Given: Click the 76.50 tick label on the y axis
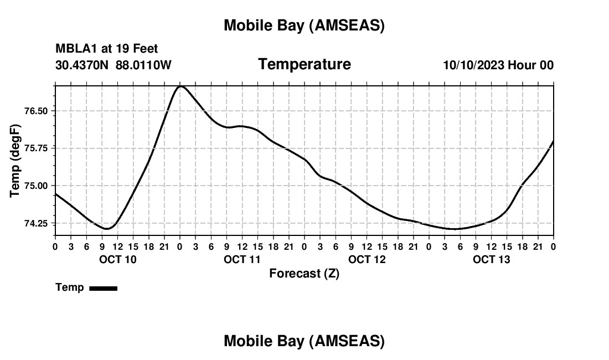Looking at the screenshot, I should click(37, 111).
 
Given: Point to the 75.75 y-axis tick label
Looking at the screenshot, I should click(37, 148).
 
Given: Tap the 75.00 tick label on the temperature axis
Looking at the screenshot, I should click(37, 186).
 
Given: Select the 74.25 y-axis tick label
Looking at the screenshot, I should click(37, 224).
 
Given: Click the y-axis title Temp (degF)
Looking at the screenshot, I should click(16, 161).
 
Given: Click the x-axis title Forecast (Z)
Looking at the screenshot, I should click(304, 273).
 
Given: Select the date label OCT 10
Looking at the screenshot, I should click(117, 259).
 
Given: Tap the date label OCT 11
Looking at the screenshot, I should click(242, 259).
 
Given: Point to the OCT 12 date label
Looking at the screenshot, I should click(367, 259).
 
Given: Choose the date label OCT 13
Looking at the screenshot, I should click(491, 259).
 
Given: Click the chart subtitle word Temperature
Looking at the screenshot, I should click(304, 64).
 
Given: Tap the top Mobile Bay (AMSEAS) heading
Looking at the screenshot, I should click(304, 25).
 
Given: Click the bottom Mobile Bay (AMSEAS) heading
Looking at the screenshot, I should click(304, 341).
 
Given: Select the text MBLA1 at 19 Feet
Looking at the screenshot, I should click(107, 49).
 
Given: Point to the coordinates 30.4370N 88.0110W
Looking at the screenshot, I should click(113, 65).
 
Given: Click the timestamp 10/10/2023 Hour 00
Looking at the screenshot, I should click(498, 65).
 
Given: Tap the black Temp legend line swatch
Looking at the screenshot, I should click(103, 288).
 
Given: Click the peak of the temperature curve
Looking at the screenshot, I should click(180, 86).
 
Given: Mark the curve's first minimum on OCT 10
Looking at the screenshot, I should click(107, 229).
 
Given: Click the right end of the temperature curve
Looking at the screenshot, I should click(553, 142).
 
